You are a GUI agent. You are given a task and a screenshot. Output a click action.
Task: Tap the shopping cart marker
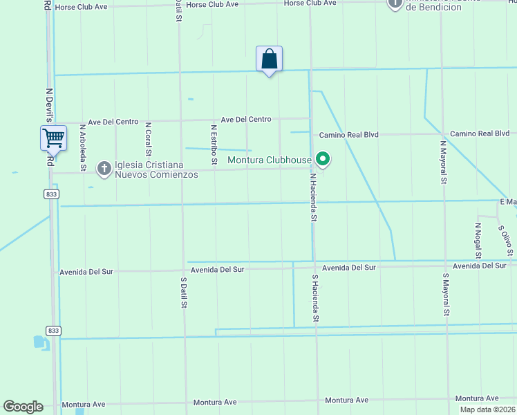pos(53,138)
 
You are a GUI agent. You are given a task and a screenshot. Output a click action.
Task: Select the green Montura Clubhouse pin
pos(322,160)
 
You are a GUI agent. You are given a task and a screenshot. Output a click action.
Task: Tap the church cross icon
pos(104,168)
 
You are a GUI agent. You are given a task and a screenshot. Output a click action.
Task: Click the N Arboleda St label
pos(83,147)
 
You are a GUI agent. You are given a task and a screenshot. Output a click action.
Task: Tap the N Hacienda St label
pos(313,196)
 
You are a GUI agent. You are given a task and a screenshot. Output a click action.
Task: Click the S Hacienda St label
pos(315,298)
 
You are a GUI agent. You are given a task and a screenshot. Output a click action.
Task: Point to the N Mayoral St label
pos(443,162)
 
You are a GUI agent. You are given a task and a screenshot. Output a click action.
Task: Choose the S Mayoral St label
pos(446,295)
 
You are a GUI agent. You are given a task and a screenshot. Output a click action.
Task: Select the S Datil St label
pos(184,293)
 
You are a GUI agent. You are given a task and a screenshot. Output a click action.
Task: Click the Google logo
pos(23,407)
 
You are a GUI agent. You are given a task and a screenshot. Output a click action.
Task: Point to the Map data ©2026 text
pos(487,409)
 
